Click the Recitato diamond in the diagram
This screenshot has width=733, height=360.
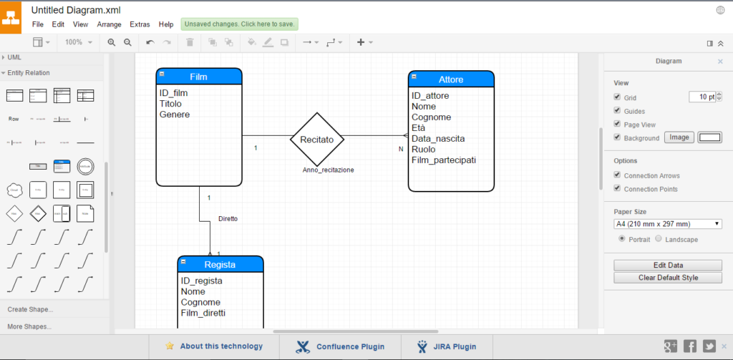tap(317, 140)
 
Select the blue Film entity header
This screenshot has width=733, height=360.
tap(199, 77)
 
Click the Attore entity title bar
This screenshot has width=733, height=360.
tap(451, 79)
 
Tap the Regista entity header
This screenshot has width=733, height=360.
tap(220, 264)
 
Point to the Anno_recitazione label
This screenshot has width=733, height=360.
tap(328, 170)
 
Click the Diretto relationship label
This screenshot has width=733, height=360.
tap(228, 218)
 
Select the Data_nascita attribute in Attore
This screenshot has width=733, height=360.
tap(438, 138)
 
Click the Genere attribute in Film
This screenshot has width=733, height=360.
tap(175, 115)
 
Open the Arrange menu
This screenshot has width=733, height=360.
tap(109, 24)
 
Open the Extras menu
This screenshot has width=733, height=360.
tap(140, 24)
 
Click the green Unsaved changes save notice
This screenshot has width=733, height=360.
tap(239, 24)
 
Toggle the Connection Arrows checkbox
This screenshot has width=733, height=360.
tap(618, 175)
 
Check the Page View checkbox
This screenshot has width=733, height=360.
tap(618, 125)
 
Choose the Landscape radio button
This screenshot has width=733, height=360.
tap(659, 239)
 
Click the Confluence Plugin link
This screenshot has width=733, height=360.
tap(341, 346)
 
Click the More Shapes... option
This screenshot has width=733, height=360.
tap(29, 326)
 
